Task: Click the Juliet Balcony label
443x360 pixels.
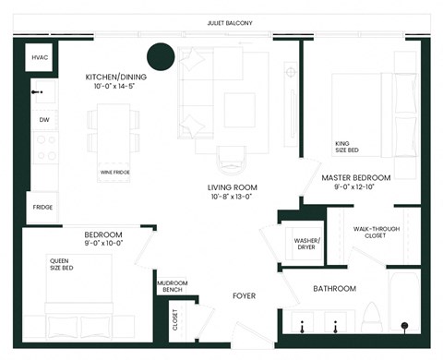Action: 231,22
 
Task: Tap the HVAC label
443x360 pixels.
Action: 40,57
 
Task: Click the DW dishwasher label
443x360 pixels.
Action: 43,120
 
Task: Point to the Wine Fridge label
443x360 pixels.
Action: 115,172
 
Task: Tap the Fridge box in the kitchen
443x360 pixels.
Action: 42,208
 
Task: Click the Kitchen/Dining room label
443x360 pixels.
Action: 114,78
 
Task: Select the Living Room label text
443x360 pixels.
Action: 230,186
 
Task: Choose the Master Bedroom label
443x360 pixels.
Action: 355,177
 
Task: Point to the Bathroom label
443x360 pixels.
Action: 333,289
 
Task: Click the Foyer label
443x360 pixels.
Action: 243,296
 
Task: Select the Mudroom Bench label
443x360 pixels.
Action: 174,287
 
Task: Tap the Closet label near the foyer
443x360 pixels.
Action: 176,319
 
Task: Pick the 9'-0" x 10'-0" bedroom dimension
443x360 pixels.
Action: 104,245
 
